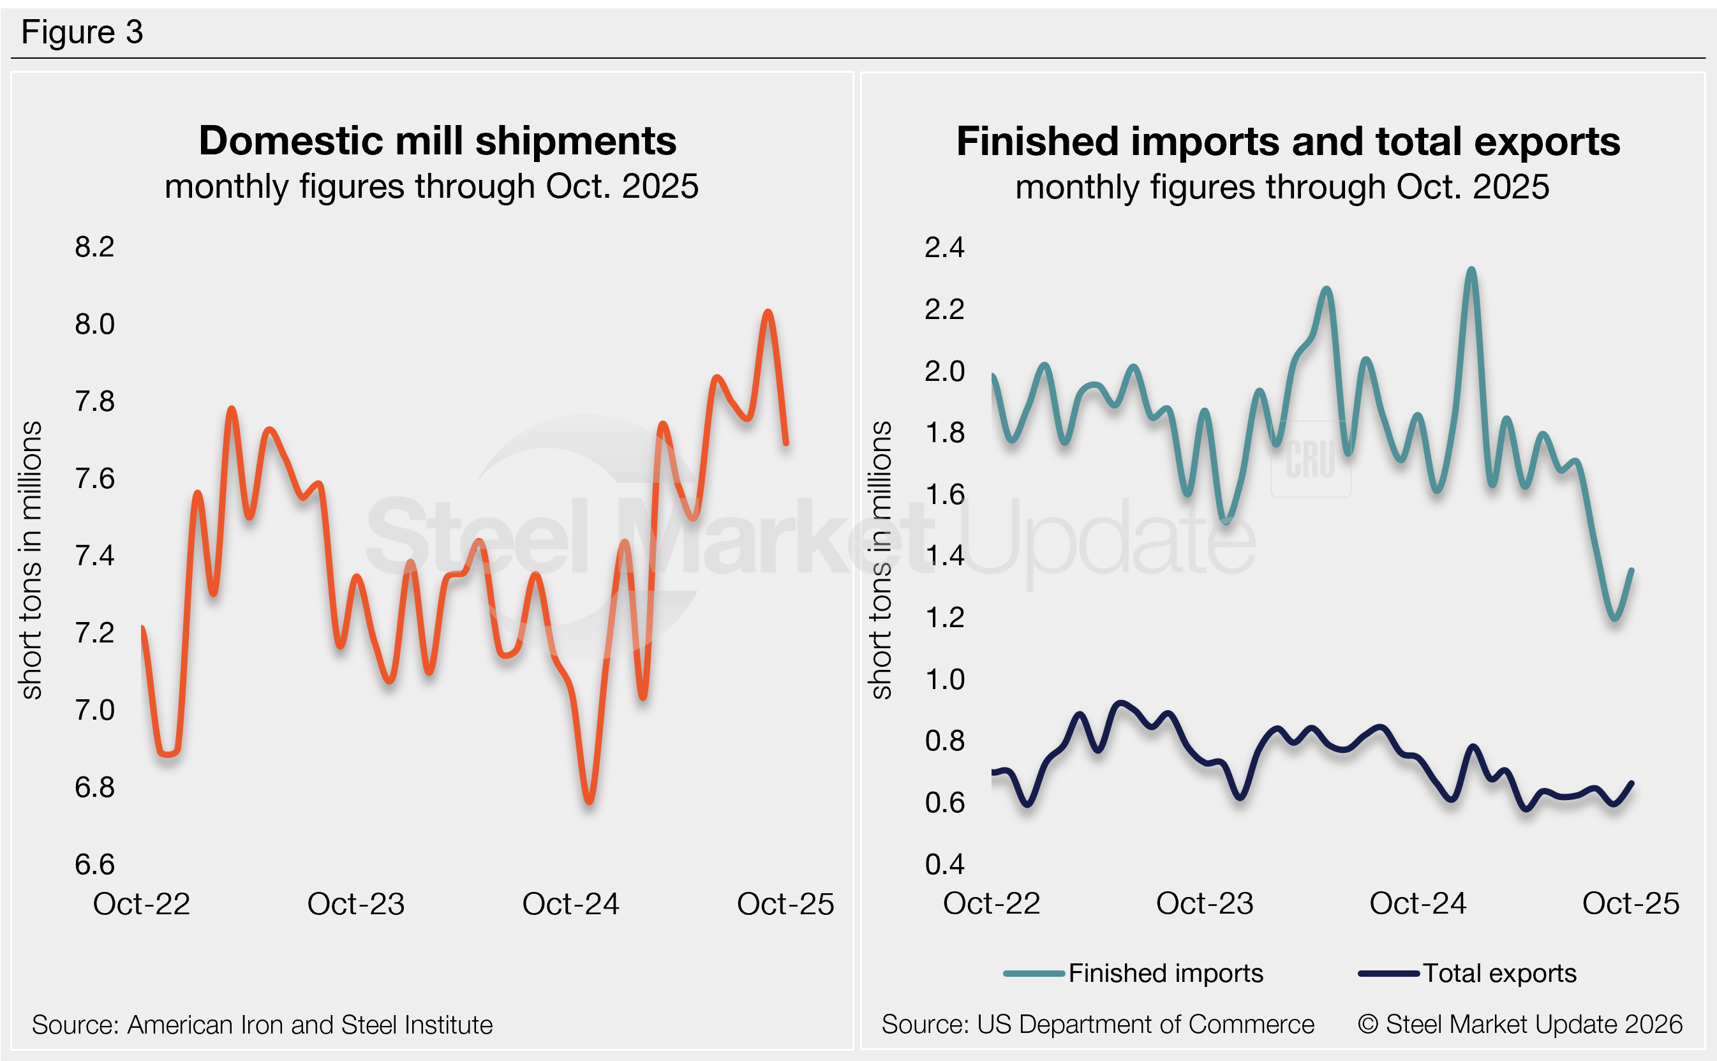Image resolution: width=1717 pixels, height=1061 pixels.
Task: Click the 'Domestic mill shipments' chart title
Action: click(x=437, y=141)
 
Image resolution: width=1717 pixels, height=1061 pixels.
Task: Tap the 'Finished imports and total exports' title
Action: click(x=1288, y=142)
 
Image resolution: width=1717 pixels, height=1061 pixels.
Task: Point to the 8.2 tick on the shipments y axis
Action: click(x=94, y=247)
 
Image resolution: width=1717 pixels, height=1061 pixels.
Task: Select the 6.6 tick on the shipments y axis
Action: click(x=94, y=864)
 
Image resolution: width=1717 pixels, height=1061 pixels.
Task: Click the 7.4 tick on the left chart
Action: click(x=94, y=556)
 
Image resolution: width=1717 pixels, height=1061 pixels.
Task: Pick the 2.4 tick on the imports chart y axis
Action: click(x=944, y=248)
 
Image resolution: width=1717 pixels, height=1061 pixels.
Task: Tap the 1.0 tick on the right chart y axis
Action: click(x=944, y=679)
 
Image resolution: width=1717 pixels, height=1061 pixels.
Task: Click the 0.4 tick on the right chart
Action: click(x=944, y=864)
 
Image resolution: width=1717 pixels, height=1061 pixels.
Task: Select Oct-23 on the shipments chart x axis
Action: click(x=356, y=904)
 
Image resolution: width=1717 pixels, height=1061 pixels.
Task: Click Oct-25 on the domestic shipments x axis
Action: click(x=785, y=904)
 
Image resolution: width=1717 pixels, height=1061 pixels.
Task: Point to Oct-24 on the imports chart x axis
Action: click(x=1417, y=903)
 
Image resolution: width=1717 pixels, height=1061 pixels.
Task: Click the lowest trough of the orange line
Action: click(x=590, y=801)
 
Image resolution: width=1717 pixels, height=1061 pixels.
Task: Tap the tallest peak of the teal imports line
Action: click(x=1471, y=269)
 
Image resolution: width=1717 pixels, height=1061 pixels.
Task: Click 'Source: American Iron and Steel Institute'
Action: click(x=262, y=1025)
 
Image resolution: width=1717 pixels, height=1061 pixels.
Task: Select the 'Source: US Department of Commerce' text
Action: click(x=1097, y=1025)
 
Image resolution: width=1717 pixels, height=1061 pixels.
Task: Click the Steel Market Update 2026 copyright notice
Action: click(x=1520, y=1025)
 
